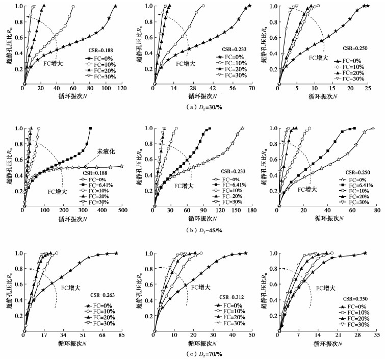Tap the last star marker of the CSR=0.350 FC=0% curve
[x=365, y=253]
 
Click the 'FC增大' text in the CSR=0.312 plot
[x=201, y=287]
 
